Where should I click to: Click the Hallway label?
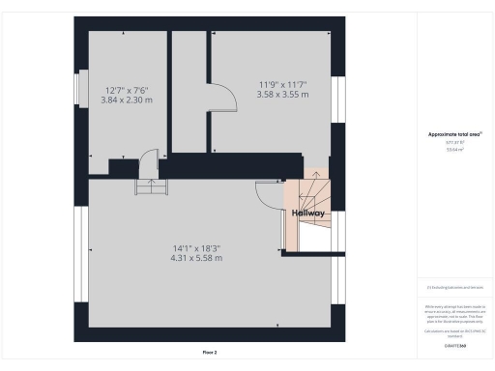point(309,213)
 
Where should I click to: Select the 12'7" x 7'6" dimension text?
point(126,91)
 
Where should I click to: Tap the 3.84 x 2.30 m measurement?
point(126,100)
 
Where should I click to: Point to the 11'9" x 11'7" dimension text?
point(283,83)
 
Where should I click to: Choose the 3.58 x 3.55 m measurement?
point(283,94)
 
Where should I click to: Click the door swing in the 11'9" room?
point(221,98)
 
